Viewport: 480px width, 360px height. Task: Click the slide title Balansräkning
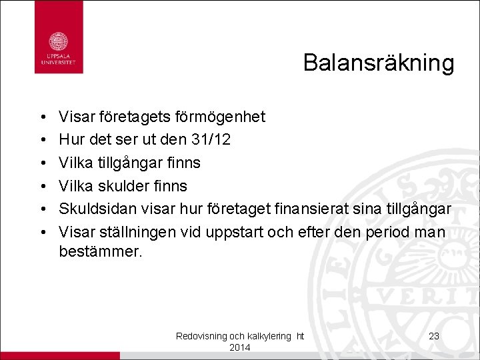378,63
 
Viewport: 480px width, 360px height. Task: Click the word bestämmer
101,253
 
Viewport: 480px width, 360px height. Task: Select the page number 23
434,336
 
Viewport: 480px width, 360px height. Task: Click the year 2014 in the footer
239,348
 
